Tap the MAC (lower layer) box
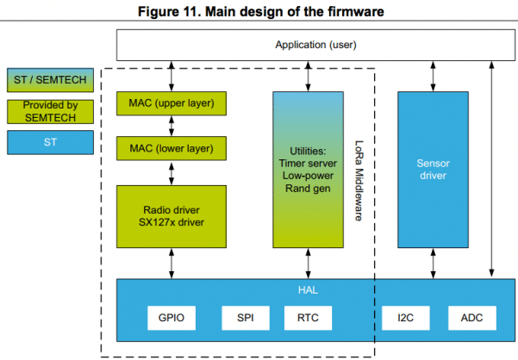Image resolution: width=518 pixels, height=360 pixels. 171,148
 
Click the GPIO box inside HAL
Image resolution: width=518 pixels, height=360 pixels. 172,318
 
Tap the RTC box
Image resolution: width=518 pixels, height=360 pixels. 307,318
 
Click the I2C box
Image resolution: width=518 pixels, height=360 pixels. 407,318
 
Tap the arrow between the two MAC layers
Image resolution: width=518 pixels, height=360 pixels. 171,127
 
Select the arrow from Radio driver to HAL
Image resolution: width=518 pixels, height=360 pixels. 171,262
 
